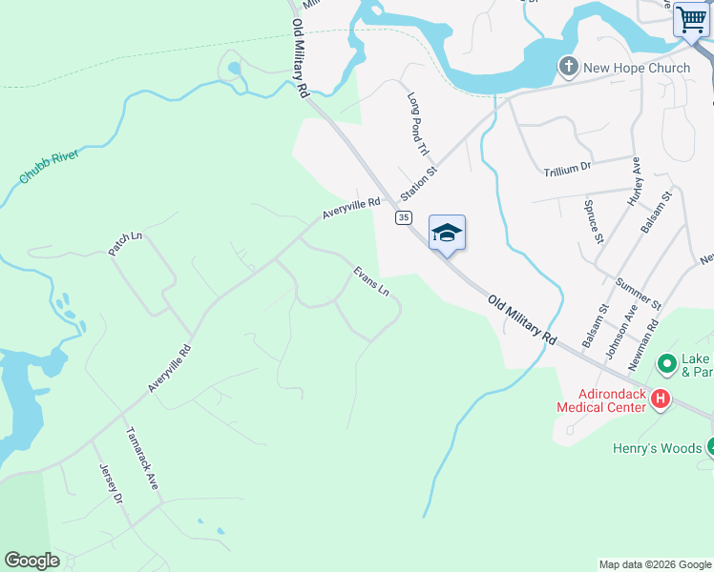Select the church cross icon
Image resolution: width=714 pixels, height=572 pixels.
coord(568,67)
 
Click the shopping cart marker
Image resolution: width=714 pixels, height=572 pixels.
coord(690,21)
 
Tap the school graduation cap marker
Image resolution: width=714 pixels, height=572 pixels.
coord(447,233)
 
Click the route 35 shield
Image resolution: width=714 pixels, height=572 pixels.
coord(403,217)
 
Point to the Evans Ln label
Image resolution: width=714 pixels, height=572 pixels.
coord(371,280)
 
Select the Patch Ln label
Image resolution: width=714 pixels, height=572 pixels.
coord(125,243)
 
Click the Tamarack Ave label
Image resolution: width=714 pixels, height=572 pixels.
coord(142,458)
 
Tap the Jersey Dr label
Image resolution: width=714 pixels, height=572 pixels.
coord(111,484)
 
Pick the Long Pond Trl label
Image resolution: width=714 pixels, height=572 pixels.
coord(420,125)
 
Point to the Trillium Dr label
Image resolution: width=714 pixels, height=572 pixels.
coord(568,168)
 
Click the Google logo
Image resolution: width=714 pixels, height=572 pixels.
coord(31,561)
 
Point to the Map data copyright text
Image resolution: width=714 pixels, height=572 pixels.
coord(655,564)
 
